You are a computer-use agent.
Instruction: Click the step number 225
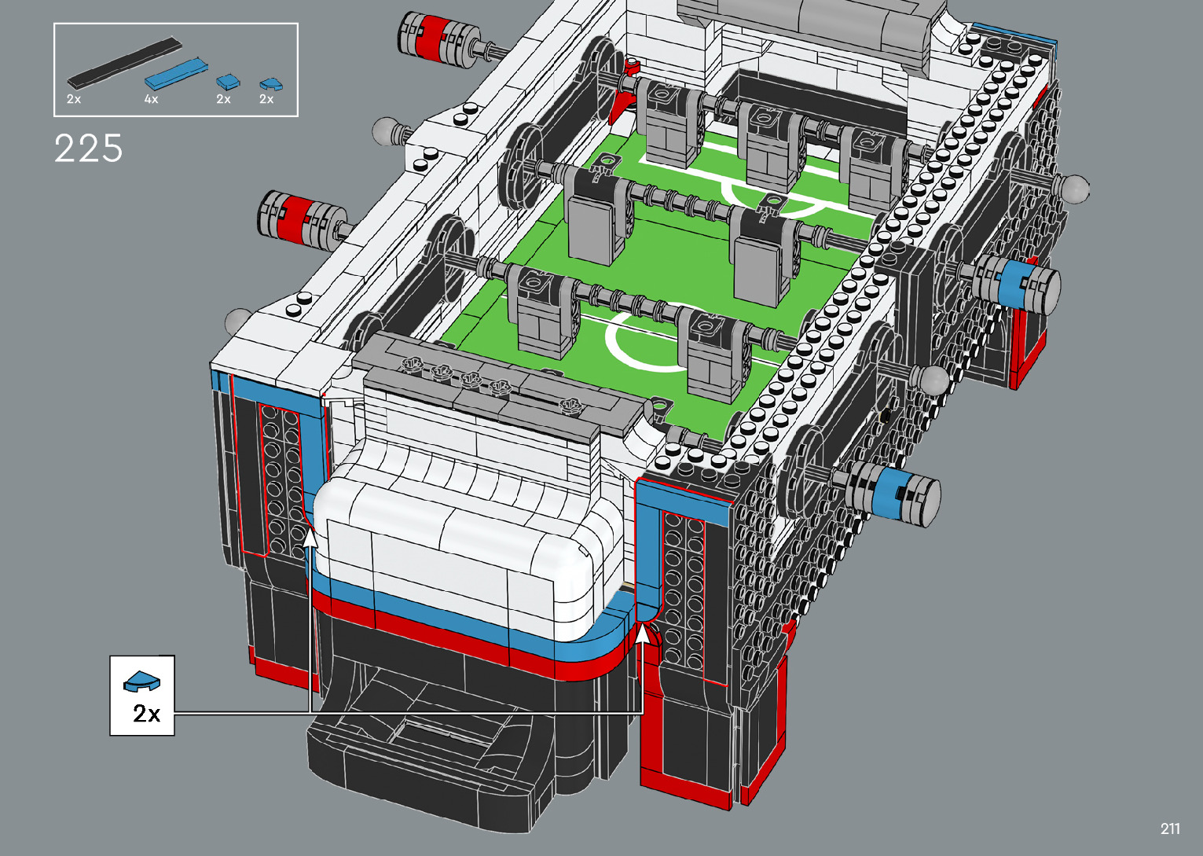coord(89,149)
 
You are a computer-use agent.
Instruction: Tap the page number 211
coord(1170,828)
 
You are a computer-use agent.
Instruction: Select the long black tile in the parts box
coord(124,64)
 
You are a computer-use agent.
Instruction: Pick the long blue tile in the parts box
coord(175,74)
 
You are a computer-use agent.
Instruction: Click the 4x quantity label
coord(152,99)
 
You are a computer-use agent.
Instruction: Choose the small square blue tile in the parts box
coord(228,83)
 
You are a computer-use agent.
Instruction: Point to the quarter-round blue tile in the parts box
coord(271,84)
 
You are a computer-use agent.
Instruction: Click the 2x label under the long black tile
coord(74,99)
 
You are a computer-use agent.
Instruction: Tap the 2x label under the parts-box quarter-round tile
coord(266,99)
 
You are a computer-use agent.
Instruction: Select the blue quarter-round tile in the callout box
coord(141,681)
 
